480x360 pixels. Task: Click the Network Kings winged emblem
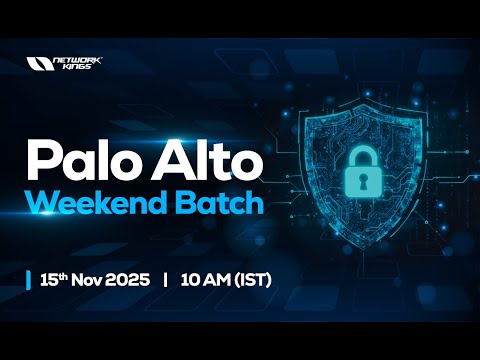pyautogui.click(x=39, y=63)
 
